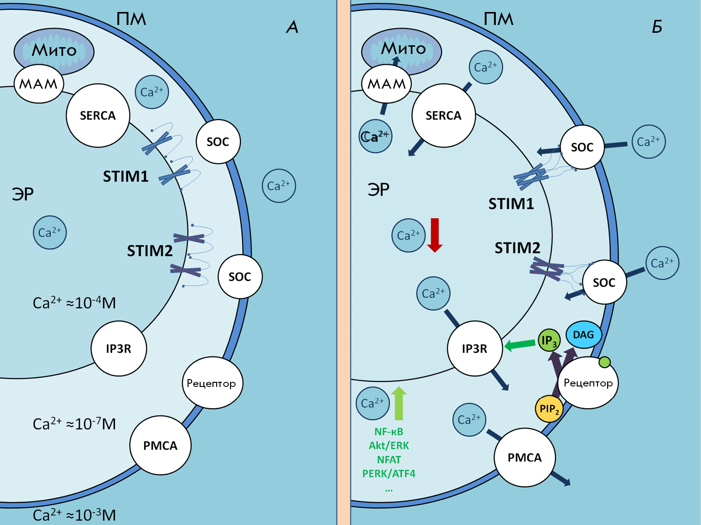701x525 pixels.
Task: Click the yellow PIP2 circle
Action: [549, 409]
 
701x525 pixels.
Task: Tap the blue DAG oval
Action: [584, 335]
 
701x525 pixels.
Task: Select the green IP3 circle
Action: [549, 341]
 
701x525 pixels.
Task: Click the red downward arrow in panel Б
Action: [435, 235]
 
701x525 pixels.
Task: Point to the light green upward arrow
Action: [399, 403]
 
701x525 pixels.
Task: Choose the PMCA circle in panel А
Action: [160, 445]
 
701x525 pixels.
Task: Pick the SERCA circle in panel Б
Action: [443, 115]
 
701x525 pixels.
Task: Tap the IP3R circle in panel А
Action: [119, 349]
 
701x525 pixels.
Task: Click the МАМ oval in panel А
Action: [39, 84]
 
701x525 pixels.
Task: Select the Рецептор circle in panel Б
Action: [588, 383]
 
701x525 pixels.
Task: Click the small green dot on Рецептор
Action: [604, 362]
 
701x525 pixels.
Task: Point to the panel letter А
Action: [292, 27]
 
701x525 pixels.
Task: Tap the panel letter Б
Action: [657, 27]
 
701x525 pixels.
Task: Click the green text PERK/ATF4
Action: [389, 474]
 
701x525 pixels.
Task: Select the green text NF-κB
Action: [389, 432]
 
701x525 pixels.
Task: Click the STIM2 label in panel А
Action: [150, 251]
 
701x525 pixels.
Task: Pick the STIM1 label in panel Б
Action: [511, 204]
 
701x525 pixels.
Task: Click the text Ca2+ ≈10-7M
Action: [74, 424]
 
